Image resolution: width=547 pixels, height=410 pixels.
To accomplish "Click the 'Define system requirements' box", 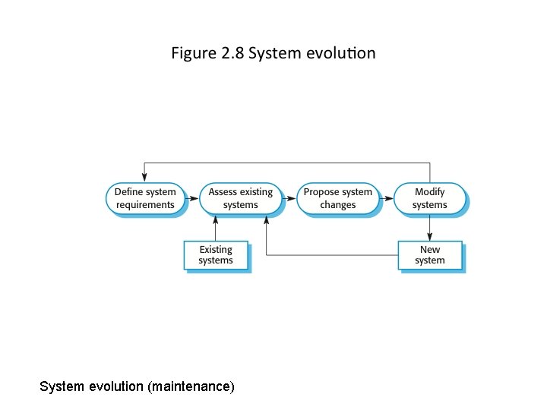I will (145, 198).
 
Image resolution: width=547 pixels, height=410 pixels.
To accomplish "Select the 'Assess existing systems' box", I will (240, 198).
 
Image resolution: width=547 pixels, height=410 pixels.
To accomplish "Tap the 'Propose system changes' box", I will (337, 198).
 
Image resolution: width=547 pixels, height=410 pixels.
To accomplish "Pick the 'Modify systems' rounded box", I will (429, 198).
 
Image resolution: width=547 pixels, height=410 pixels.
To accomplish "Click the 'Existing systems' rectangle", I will (216, 255).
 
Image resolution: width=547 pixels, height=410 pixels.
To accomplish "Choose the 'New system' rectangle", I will (429, 255).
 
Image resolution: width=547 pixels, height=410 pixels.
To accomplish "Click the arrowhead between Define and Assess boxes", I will (193, 199).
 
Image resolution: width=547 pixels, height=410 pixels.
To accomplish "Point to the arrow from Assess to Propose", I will (289, 199).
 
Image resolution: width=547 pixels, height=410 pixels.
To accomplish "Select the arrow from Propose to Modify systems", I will (386, 199).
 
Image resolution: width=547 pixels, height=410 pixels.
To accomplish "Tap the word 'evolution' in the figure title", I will (340, 54).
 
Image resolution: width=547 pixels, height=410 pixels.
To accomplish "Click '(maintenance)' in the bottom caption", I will (193, 386).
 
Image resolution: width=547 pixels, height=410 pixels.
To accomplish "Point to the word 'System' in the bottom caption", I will (62, 386).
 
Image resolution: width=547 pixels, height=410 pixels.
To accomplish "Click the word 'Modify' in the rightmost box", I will (430, 192).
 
